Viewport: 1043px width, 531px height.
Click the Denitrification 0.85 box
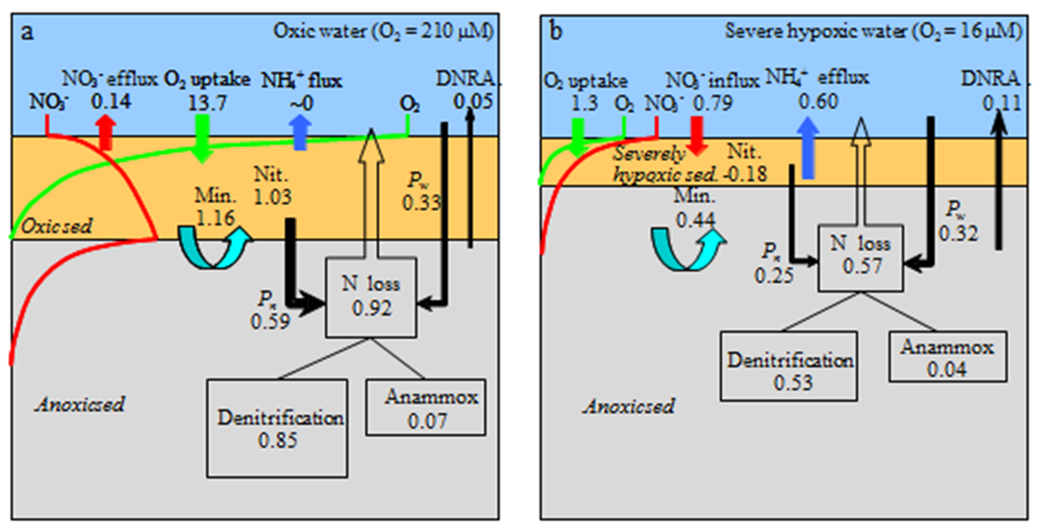pyautogui.click(x=277, y=428)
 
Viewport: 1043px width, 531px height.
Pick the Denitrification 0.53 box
pyautogui.click(x=789, y=366)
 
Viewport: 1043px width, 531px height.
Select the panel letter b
pyautogui.click(x=556, y=32)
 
